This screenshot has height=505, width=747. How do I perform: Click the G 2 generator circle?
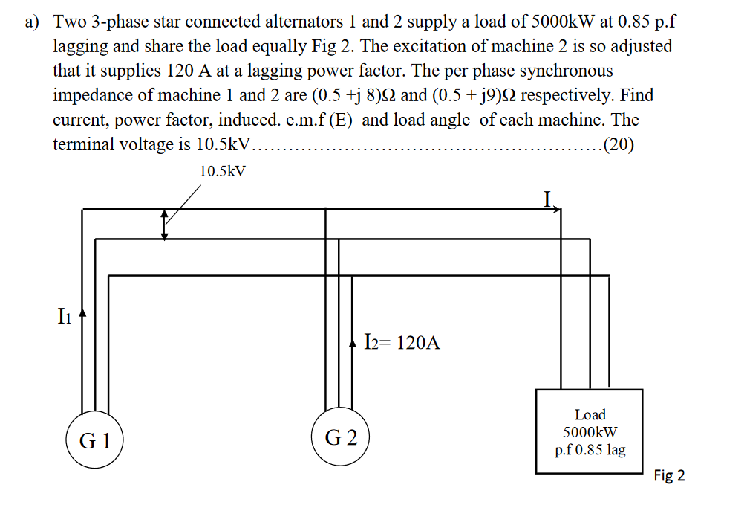[x=341, y=437]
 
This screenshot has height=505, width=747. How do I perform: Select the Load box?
[x=590, y=431]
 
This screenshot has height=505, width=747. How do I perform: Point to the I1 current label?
[x=65, y=318]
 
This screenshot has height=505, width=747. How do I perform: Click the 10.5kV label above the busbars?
[x=224, y=171]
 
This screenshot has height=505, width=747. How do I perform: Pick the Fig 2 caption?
[x=669, y=475]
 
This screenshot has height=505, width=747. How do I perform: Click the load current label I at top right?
[x=547, y=199]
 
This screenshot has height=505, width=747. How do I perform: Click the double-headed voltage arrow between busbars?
[x=165, y=224]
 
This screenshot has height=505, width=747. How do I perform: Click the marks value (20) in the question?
[x=619, y=144]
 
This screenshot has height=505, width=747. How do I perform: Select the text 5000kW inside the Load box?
[x=590, y=432]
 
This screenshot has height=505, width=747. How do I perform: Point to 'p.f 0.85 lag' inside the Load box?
[x=590, y=449]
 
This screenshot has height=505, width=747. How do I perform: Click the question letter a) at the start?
[x=32, y=22]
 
